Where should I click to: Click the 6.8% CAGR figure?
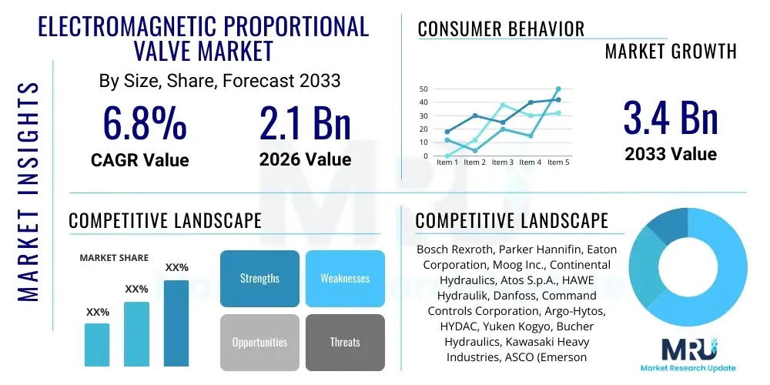(x=144, y=123)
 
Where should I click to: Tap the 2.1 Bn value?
(x=305, y=123)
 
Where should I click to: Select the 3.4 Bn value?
(x=670, y=118)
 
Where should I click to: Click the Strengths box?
(x=259, y=278)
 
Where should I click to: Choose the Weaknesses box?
(x=344, y=278)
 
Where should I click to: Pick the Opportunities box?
(x=259, y=342)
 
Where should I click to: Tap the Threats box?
(x=344, y=342)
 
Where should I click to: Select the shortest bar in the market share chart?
(x=97, y=344)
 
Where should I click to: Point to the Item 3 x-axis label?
(x=502, y=162)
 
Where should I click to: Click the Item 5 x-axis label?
(x=557, y=162)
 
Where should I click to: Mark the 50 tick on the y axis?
(x=423, y=89)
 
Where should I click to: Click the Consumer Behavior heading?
(x=500, y=29)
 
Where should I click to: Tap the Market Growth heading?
(x=670, y=52)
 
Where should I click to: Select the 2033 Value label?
(x=670, y=154)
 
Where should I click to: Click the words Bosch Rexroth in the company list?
(x=454, y=249)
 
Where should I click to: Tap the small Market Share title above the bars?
(x=114, y=258)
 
